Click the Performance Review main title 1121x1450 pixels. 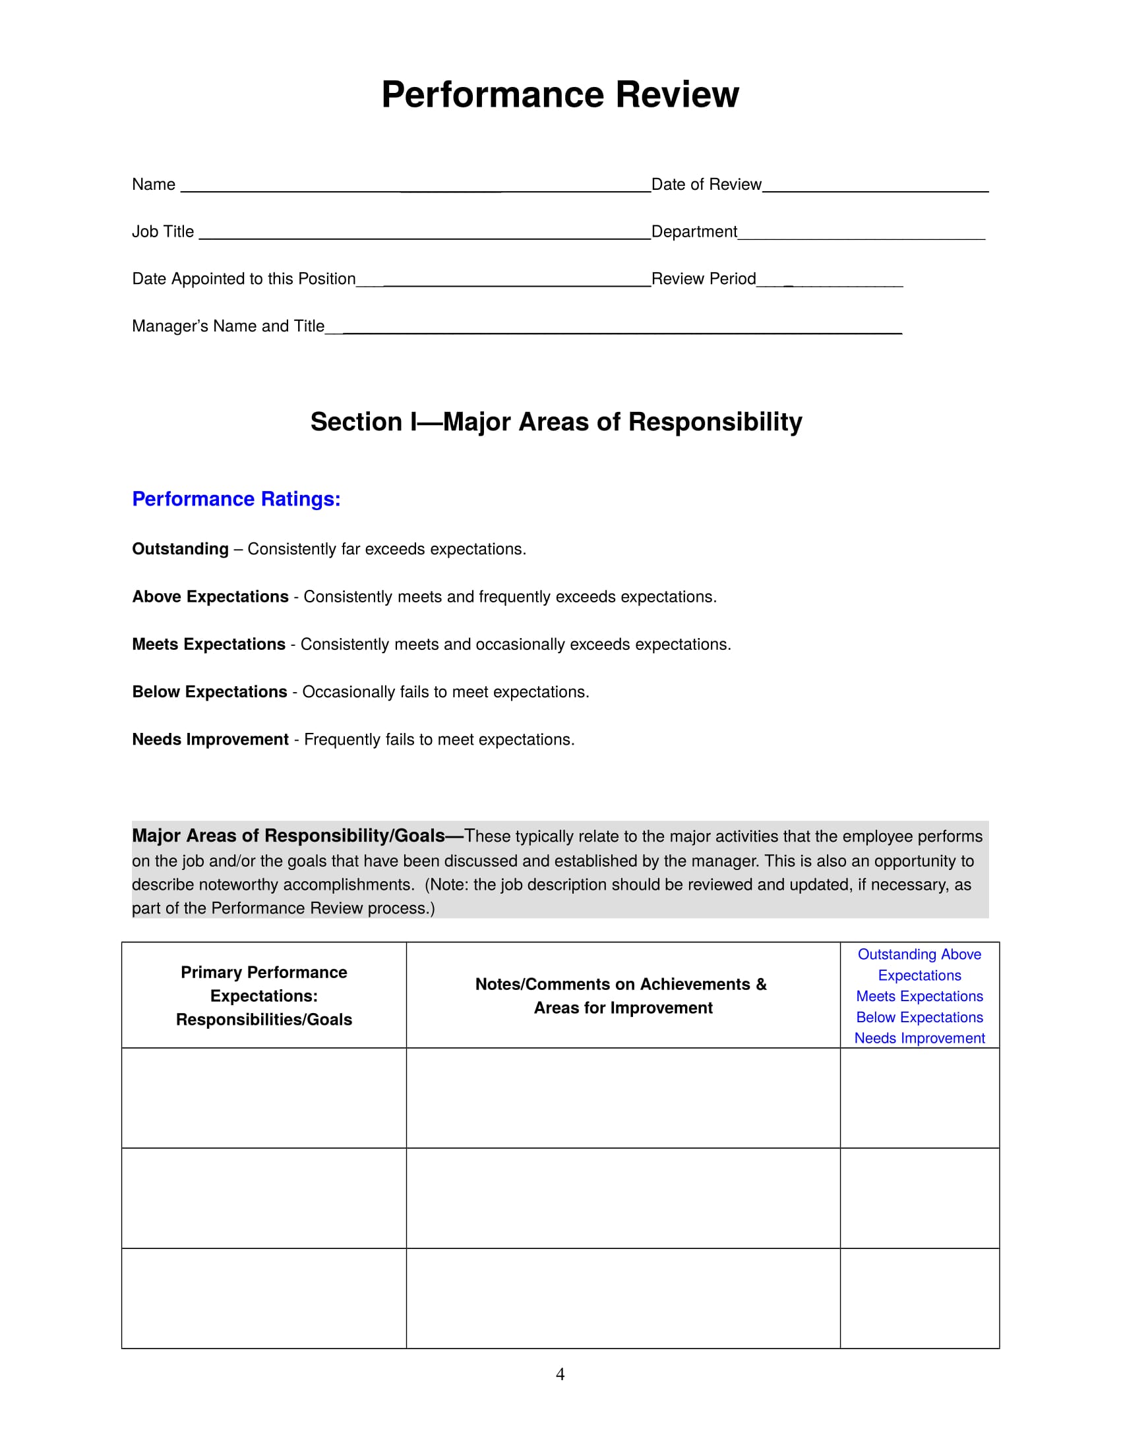tap(560, 94)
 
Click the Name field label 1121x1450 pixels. tap(154, 185)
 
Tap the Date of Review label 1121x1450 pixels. tap(706, 185)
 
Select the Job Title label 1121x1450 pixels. tap(163, 232)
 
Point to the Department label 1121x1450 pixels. tap(694, 232)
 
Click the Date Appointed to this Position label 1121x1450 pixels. tap(244, 279)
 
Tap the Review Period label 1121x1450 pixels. tap(704, 279)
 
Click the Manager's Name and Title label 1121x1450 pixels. tap(227, 326)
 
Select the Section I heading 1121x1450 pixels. tap(556, 422)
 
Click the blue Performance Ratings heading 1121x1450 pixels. tap(236, 499)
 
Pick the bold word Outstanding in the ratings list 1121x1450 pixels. tap(180, 549)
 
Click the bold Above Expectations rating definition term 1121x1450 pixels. tap(210, 597)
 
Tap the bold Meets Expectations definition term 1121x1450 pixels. tap(208, 644)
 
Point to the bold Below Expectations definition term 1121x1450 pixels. tap(209, 692)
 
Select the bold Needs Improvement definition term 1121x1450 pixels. tap(210, 739)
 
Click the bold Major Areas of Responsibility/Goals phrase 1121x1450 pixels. tap(288, 836)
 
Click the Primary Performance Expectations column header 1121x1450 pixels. tap(264, 996)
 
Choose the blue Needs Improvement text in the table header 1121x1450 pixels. tap(919, 1038)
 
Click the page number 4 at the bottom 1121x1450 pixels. tap(560, 1374)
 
